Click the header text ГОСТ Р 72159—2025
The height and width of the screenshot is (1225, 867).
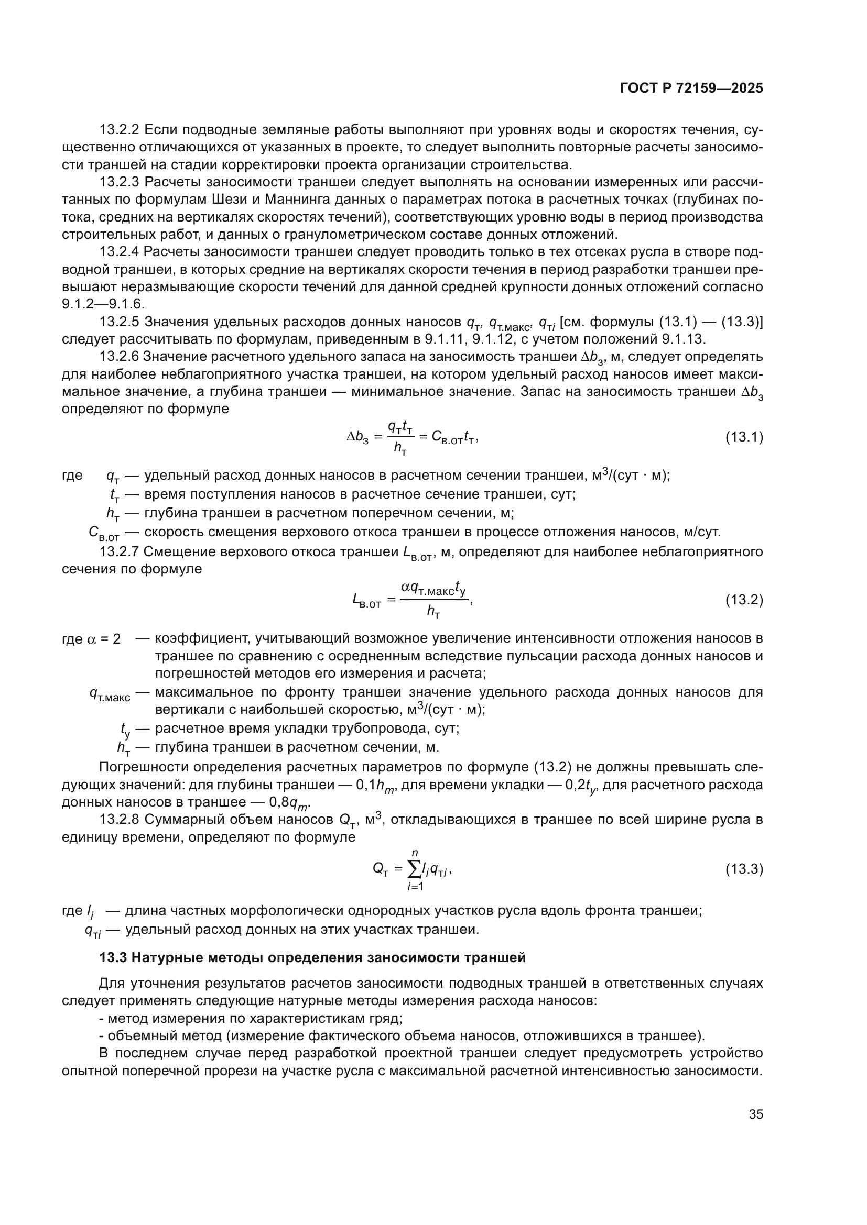pyautogui.click(x=691, y=89)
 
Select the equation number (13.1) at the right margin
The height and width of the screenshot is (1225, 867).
pyautogui.click(x=744, y=437)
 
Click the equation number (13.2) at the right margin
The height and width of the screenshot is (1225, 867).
pyautogui.click(x=744, y=600)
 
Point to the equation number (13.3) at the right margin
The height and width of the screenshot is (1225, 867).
pyautogui.click(x=744, y=870)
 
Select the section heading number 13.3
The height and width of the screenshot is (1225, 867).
pyautogui.click(x=113, y=958)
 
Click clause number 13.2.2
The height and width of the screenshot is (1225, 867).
pyautogui.click(x=120, y=130)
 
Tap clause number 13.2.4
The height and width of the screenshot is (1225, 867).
pyautogui.click(x=120, y=252)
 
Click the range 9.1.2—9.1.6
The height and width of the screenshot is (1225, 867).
pyautogui.click(x=103, y=304)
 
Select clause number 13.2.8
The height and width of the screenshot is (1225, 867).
pyautogui.click(x=120, y=820)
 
